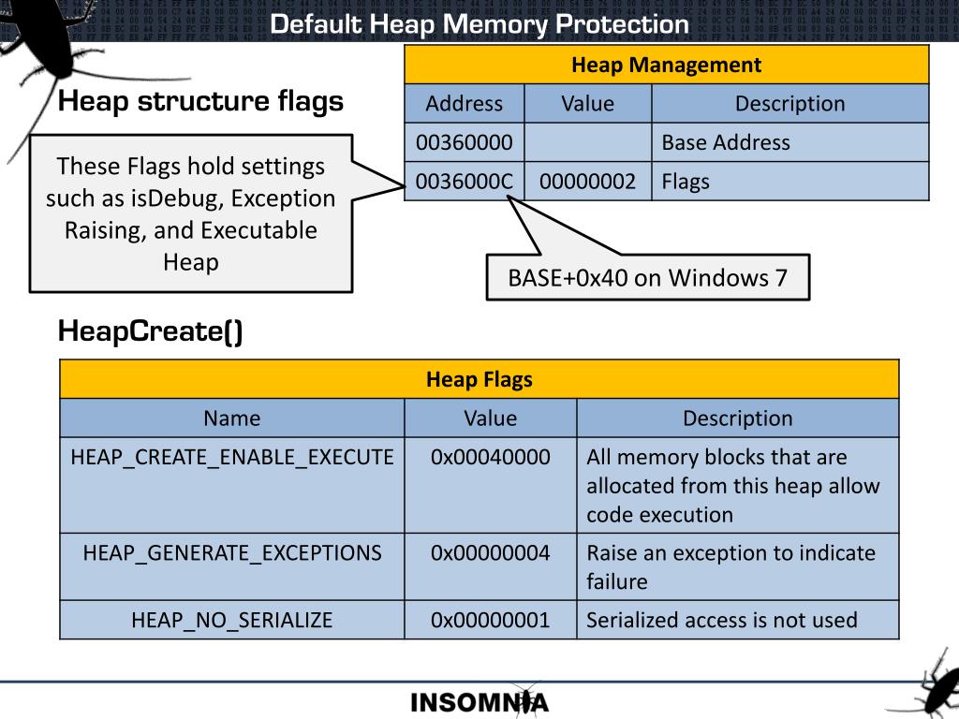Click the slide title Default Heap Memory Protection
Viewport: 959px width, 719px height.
coord(479,24)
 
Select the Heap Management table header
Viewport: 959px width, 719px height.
coord(667,65)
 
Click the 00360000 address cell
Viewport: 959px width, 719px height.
coord(465,142)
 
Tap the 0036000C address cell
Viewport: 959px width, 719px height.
coord(465,182)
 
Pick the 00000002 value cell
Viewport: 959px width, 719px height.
coord(588,182)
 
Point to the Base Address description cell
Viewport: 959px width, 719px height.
coord(790,142)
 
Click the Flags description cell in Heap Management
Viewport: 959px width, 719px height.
coord(790,182)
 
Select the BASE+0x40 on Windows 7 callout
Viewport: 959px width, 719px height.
coord(648,277)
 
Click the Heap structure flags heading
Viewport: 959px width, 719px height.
coord(200,101)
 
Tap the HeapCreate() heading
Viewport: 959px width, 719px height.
coord(151,331)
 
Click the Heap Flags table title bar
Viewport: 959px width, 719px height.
coord(479,379)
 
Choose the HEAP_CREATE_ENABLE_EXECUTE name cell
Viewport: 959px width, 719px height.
coord(232,486)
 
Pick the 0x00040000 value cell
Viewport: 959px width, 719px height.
coord(491,486)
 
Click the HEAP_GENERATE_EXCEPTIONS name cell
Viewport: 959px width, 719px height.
coord(232,566)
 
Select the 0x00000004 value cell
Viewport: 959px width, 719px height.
coord(491,566)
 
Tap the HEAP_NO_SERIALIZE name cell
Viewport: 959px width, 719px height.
coord(232,620)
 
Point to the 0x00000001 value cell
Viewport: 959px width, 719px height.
coord(491,620)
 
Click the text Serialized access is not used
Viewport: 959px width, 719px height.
coord(722,620)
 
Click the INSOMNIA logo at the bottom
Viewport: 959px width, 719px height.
coord(479,702)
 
